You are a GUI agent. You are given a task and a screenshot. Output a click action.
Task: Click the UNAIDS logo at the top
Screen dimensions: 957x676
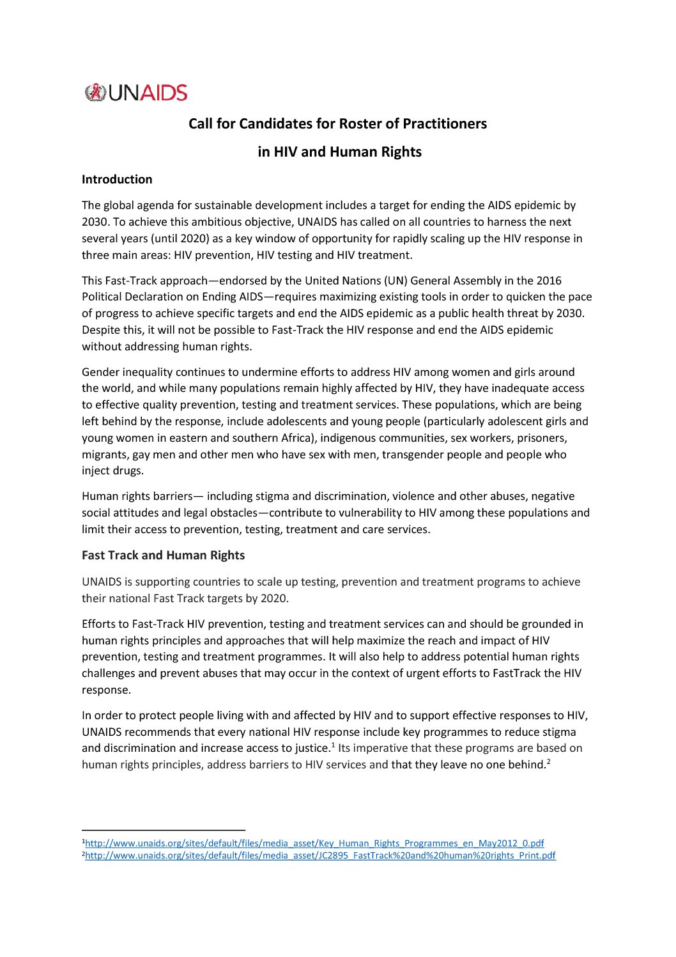pos(135,93)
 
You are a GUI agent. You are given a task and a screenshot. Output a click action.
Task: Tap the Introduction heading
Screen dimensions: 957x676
pos(117,180)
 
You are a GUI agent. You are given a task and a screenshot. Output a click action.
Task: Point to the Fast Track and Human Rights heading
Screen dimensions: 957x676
pos(163,555)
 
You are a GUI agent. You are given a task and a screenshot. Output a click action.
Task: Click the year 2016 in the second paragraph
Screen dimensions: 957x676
pos(548,281)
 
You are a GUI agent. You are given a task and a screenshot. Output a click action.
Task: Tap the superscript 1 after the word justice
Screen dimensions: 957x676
pos(333,745)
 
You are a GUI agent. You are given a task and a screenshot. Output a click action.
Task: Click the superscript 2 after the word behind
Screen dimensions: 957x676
pos(548,761)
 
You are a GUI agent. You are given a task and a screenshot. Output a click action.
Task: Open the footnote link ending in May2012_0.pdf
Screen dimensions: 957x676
pos(314,843)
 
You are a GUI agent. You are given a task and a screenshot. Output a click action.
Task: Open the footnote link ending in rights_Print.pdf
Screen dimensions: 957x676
pos(320,855)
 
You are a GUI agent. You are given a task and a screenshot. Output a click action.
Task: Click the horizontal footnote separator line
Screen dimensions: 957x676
pos(164,830)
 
